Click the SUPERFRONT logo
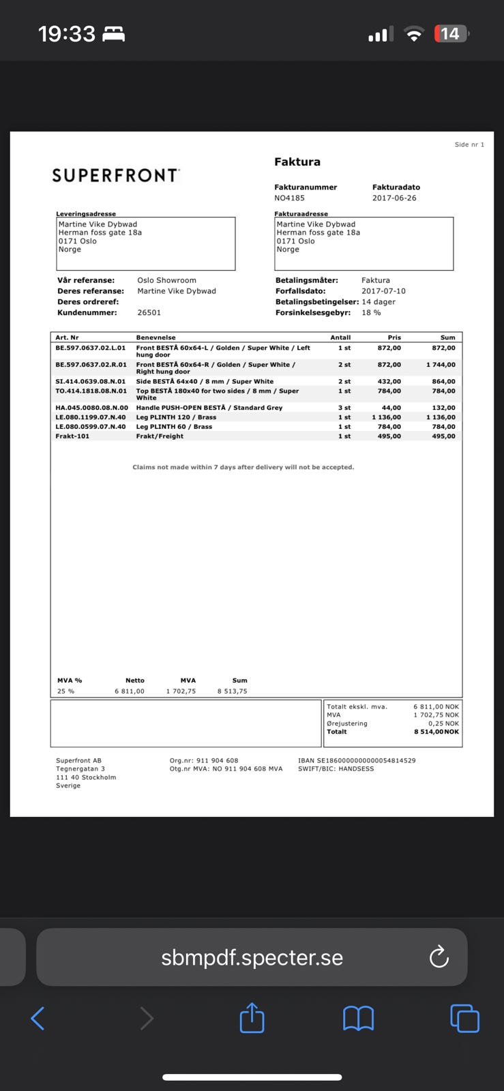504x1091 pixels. pyautogui.click(x=115, y=176)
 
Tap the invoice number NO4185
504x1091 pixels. pyautogui.click(x=289, y=198)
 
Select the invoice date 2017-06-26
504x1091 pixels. pyautogui.click(x=394, y=198)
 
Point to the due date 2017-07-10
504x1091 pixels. pyautogui.click(x=383, y=291)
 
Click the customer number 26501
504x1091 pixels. pyautogui.click(x=149, y=313)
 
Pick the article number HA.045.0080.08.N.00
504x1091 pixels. pyautogui.click(x=91, y=408)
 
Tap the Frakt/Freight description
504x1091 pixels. pyautogui.click(x=160, y=436)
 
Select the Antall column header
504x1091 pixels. pyautogui.click(x=340, y=338)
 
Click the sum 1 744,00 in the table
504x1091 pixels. pyautogui.click(x=441, y=365)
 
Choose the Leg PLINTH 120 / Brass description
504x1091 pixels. pyautogui.click(x=176, y=417)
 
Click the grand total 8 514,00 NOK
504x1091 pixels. pyautogui.click(x=436, y=732)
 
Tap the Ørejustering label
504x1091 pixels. pyautogui.click(x=346, y=723)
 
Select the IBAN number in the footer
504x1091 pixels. pyautogui.click(x=357, y=760)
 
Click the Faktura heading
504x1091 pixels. pyautogui.click(x=297, y=162)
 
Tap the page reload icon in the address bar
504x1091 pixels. pyautogui.click(x=439, y=957)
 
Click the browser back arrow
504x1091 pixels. pyautogui.click(x=38, y=1019)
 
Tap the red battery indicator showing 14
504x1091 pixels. pyautogui.click(x=450, y=33)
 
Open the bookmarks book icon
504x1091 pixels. pyautogui.click(x=358, y=1019)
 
